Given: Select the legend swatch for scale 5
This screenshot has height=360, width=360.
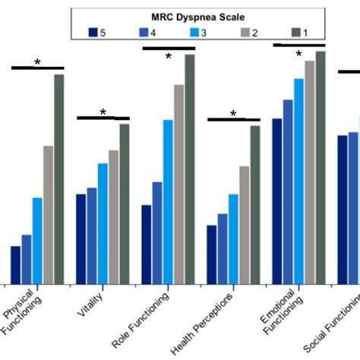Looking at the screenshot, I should [94, 32].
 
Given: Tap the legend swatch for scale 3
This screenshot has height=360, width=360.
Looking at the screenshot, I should [191, 32].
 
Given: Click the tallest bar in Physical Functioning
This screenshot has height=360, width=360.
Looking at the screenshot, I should [58, 178].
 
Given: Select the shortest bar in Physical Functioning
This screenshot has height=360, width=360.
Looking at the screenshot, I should [15, 264].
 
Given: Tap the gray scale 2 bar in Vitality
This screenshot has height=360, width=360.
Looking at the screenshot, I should [113, 216].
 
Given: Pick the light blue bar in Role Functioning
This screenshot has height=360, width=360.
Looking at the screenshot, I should [168, 201].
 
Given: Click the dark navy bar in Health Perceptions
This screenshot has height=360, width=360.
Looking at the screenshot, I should [212, 254].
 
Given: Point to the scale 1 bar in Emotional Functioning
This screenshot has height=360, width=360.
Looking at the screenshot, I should [321, 167].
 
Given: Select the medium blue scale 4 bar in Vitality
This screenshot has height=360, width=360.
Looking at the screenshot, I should [91, 235].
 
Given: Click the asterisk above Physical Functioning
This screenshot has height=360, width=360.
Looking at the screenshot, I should [37, 62].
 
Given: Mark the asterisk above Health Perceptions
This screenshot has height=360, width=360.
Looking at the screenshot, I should [233, 114].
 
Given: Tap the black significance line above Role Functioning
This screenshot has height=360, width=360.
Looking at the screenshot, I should [169, 49].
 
